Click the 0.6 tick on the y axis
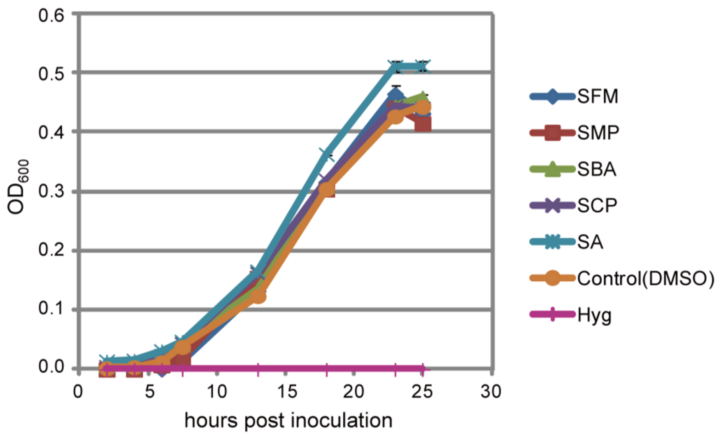tap(51, 15)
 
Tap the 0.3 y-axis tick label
tap(51, 191)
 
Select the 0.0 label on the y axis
tap(51, 367)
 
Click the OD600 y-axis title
tap(18, 187)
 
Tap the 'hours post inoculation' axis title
tap(288, 421)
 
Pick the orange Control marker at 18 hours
tap(327, 189)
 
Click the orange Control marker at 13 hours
tap(258, 296)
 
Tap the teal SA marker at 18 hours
tap(327, 155)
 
